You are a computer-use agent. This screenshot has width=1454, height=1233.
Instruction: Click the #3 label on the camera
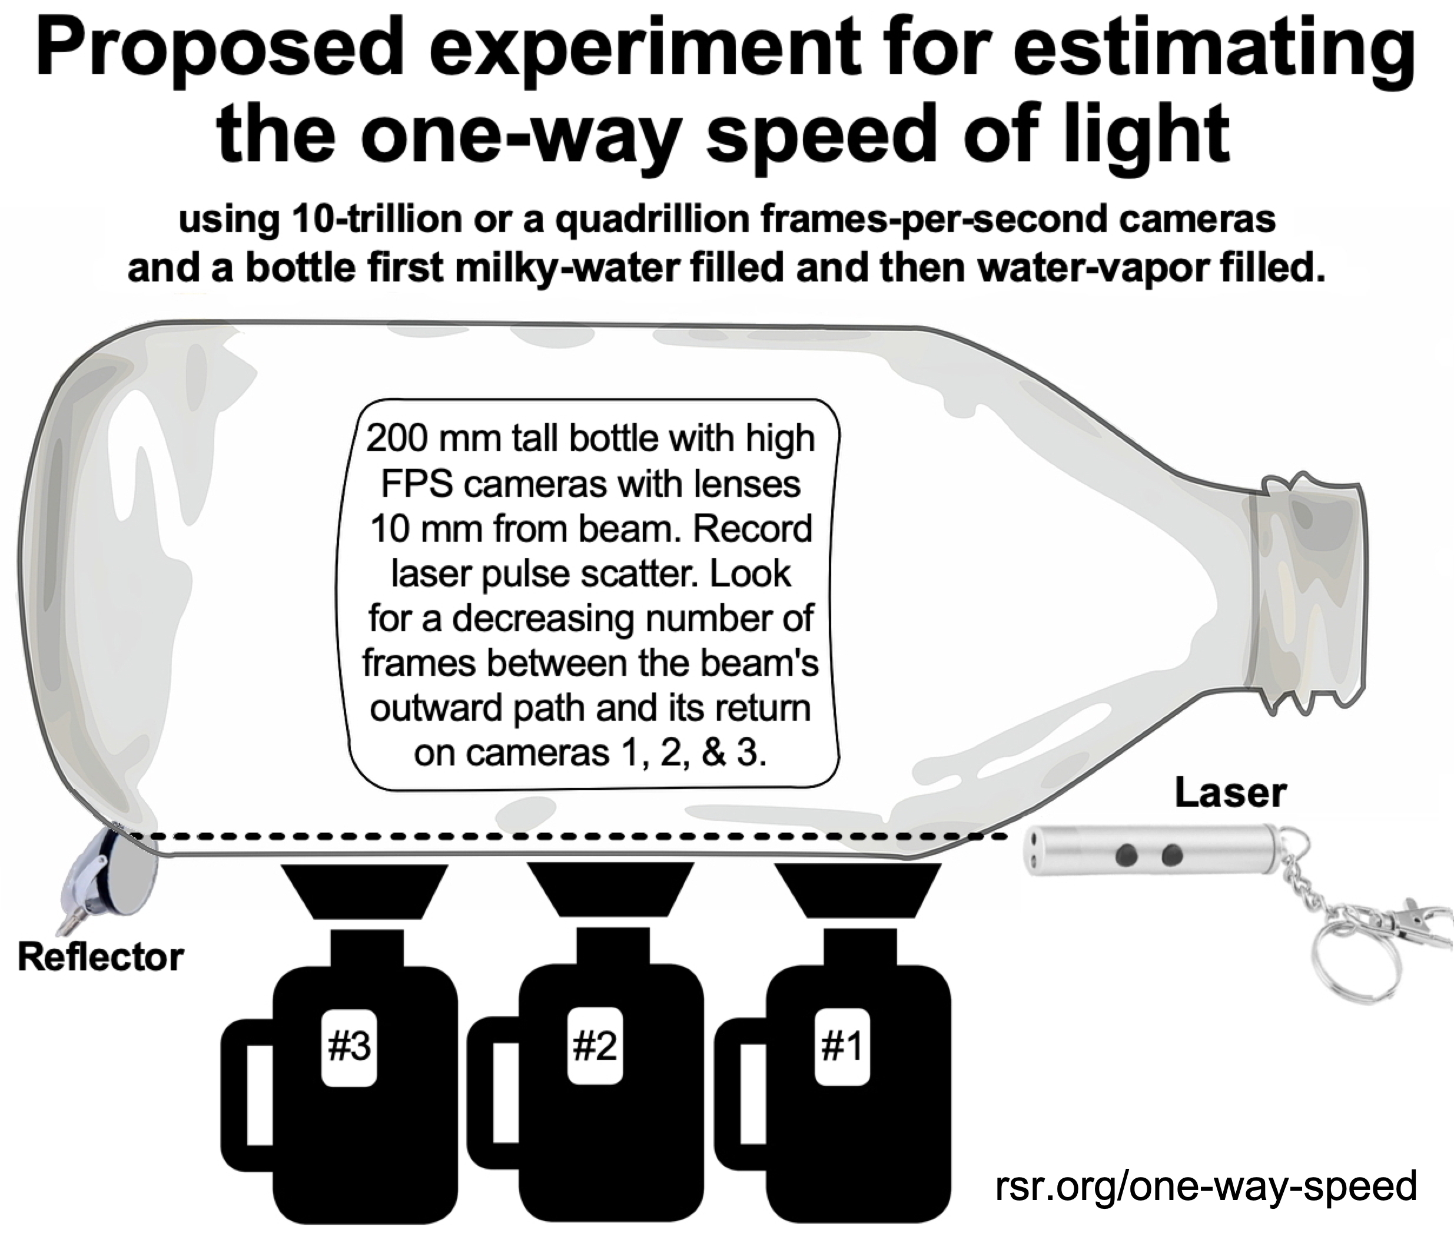coord(349,1046)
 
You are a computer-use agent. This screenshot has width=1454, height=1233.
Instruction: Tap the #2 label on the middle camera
coord(595,1046)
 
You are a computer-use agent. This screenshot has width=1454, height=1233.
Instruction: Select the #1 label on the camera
coord(842,1046)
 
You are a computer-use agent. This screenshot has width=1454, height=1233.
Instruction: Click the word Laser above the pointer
coord(1230,793)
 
